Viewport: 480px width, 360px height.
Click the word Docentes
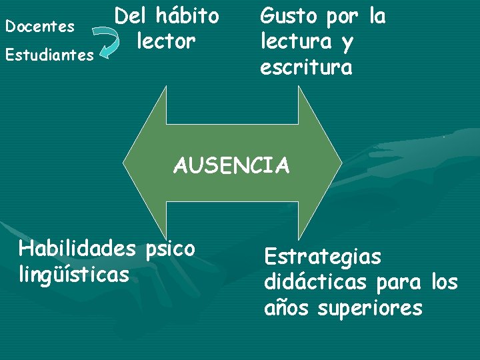[x=39, y=27]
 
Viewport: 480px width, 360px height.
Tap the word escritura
[x=306, y=67]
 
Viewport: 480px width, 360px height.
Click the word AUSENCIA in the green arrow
[x=231, y=165]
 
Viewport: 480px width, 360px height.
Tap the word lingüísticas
[x=73, y=273]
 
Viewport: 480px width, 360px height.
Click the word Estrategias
[x=323, y=257]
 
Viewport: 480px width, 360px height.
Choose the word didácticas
[x=315, y=282]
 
